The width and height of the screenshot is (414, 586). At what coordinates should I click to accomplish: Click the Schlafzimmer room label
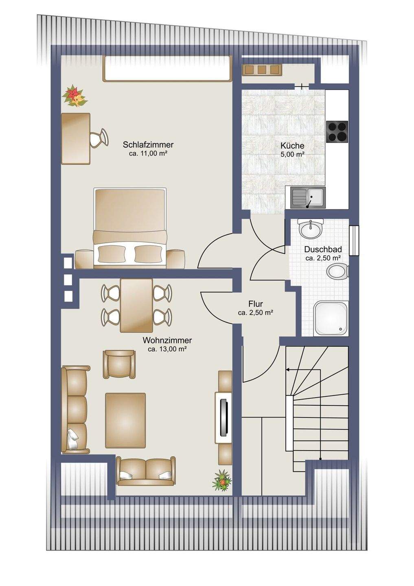pyautogui.click(x=148, y=144)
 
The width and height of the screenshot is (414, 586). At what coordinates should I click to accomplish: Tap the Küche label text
pyautogui.click(x=292, y=145)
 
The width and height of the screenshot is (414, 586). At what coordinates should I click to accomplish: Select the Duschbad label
pyautogui.click(x=323, y=249)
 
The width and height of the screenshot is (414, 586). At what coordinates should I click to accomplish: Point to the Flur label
pyautogui.click(x=255, y=304)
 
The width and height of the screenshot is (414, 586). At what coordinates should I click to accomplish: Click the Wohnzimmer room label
pyautogui.click(x=167, y=340)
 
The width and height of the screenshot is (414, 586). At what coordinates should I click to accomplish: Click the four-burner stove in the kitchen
pyautogui.click(x=337, y=131)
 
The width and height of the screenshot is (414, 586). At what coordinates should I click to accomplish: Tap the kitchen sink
pyautogui.click(x=308, y=197)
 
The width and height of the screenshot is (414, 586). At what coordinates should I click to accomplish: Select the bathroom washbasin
pyautogui.click(x=310, y=229)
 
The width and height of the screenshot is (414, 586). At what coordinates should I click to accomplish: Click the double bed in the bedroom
pyautogui.click(x=130, y=228)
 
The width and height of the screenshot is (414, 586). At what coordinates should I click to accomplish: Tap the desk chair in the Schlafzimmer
pyautogui.click(x=98, y=138)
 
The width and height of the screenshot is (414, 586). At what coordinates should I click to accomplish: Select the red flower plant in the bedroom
pyautogui.click(x=74, y=97)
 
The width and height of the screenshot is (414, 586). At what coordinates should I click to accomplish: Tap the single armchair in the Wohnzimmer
pyautogui.click(x=119, y=364)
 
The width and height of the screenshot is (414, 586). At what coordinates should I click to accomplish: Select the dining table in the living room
pyautogui.click(x=137, y=305)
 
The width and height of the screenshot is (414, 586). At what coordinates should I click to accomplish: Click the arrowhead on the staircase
pyautogui.click(x=287, y=370)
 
